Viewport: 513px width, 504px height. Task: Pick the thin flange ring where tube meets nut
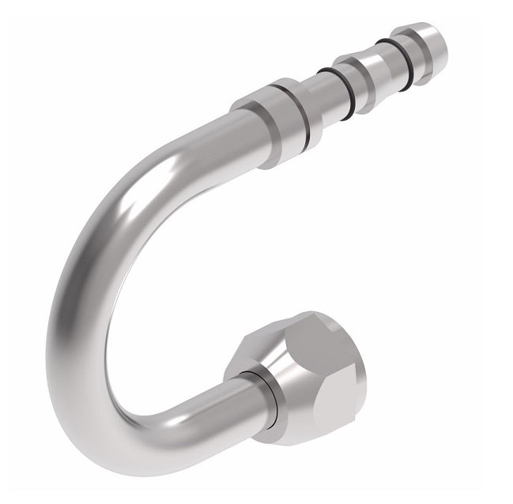click(260, 387)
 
